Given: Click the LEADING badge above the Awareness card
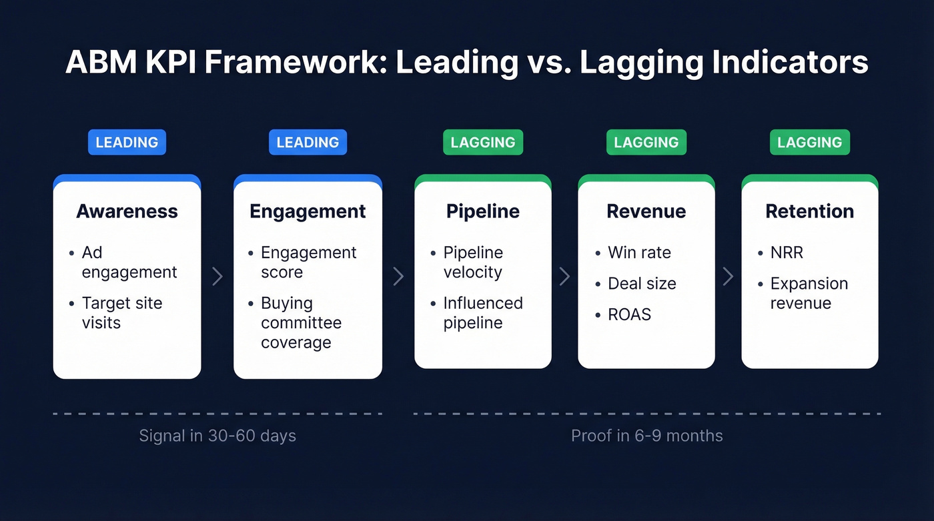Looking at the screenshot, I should tap(127, 142).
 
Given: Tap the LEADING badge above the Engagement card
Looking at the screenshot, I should tap(308, 142).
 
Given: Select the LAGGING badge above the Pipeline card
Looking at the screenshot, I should tap(483, 142).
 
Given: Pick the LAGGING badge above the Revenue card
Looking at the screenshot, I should tap(646, 142).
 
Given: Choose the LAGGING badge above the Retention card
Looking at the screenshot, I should tap(809, 142).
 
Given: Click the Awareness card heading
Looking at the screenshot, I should tap(127, 211).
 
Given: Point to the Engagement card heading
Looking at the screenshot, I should tap(308, 211).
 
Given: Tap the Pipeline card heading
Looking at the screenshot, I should tap(483, 211).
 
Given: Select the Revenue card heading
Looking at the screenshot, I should tap(646, 211).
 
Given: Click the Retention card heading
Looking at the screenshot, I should tap(809, 211).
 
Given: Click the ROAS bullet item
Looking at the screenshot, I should tap(628, 314).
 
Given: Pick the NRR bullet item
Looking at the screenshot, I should tap(786, 253).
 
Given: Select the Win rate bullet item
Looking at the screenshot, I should tap(638, 253).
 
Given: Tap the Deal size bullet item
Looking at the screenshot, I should tap(641, 284).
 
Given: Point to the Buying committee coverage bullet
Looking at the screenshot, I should tap(300, 323).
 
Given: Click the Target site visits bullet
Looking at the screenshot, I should tap(121, 313).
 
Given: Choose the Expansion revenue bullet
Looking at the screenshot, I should tap(808, 294).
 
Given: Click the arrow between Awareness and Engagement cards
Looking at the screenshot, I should tap(217, 276).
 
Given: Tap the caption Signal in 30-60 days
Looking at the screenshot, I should tap(217, 436).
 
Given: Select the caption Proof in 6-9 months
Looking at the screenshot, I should tap(646, 436).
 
